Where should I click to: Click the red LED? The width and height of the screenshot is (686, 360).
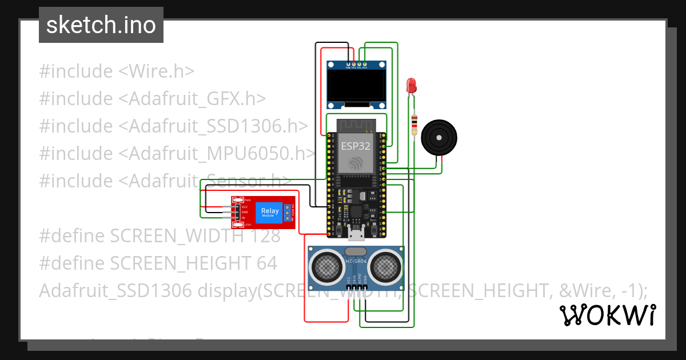click(x=411, y=86)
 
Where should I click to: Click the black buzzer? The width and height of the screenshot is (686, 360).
click(x=438, y=138)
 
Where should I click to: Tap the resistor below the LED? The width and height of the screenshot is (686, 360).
click(x=414, y=126)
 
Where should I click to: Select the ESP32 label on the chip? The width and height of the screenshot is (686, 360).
click(x=356, y=146)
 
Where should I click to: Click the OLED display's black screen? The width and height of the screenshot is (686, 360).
click(x=356, y=85)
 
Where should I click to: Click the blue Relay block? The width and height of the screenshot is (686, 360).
click(x=270, y=212)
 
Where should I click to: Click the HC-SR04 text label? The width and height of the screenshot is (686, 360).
click(x=356, y=262)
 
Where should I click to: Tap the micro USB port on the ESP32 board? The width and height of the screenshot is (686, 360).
click(x=356, y=233)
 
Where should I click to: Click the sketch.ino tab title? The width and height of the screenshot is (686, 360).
click(x=101, y=25)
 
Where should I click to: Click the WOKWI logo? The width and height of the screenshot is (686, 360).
click(x=607, y=315)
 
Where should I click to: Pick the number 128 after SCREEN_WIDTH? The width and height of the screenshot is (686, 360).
click(x=264, y=236)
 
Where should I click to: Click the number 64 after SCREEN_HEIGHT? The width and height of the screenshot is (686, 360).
click(x=266, y=263)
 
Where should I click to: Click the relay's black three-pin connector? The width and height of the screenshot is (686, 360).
click(x=236, y=213)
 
